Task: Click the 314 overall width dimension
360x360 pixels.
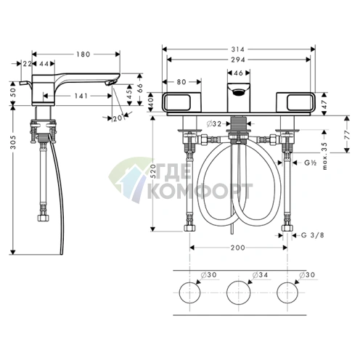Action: coord(238,49)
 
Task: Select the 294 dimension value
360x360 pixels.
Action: coord(238,60)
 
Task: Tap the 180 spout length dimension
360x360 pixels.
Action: coord(83,54)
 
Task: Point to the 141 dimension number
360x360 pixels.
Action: coord(81,96)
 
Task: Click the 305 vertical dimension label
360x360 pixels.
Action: coord(13,142)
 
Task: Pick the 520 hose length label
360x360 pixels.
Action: coord(153,171)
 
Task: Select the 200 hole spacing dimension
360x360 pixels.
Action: coord(238,247)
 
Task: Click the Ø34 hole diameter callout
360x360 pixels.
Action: coord(260,275)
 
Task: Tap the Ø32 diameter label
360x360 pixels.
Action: coord(214,124)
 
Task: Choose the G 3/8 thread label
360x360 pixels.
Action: coord(313,234)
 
